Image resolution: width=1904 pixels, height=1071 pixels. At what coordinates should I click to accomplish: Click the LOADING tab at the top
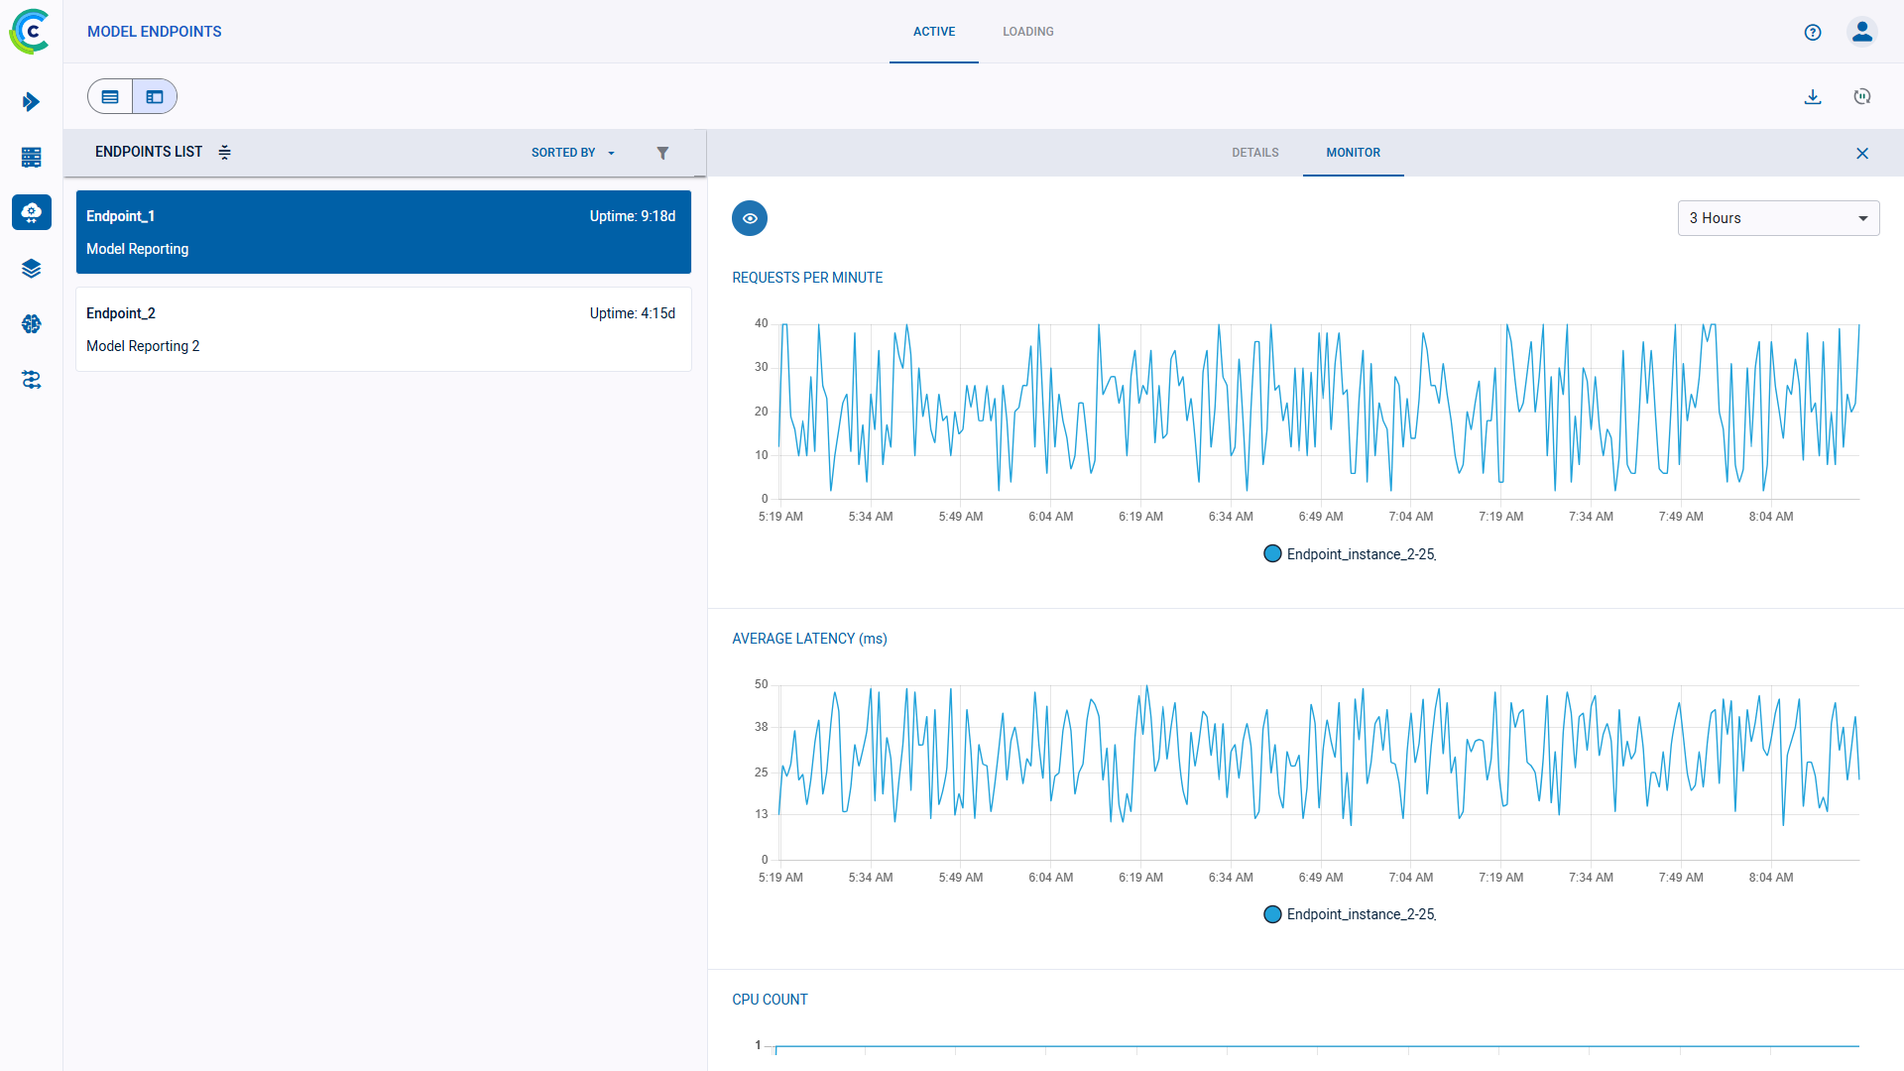1027,32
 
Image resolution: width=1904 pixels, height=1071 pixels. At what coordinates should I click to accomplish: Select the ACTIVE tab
934,32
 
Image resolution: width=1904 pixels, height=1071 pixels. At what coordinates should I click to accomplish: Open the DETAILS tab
1254,153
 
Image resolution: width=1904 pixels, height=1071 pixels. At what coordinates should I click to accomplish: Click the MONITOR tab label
1353,153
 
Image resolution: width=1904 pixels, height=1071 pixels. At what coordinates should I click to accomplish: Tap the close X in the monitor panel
1861,154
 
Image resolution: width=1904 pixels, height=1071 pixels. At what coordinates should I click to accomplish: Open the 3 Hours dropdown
1778,218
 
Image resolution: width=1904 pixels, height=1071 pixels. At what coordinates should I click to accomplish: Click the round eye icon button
750,218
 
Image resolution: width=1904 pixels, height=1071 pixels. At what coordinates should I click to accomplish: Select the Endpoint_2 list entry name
121,313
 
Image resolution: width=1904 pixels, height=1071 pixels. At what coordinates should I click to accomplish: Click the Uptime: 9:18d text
632,216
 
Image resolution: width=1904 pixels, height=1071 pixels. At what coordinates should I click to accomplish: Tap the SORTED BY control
572,153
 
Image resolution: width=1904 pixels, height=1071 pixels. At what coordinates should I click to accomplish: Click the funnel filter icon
662,153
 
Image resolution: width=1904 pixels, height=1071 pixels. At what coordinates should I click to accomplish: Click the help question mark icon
1813,33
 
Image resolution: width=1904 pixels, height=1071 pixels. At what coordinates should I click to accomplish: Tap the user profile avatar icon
1861,33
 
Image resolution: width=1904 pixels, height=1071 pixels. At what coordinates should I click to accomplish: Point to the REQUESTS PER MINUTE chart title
807,278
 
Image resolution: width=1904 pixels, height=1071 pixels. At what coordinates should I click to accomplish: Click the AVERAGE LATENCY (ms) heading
809,639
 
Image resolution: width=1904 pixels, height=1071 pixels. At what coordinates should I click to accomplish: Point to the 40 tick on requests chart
761,323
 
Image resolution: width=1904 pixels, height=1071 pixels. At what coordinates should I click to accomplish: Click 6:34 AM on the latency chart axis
1231,878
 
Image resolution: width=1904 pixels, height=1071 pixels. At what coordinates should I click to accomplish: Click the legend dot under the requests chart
1272,554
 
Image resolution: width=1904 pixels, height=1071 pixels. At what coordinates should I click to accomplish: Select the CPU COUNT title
770,1000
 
